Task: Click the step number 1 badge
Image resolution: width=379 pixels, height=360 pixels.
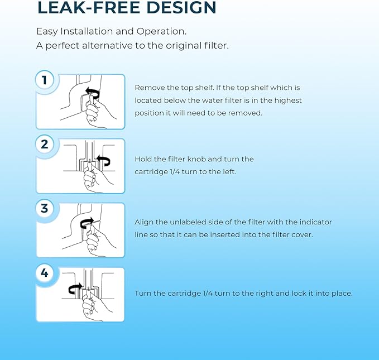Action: click(45, 80)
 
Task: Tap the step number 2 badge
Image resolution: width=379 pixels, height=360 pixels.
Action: click(45, 145)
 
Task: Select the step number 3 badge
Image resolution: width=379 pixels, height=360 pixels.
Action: click(45, 208)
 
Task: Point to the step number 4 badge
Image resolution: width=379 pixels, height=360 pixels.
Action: click(45, 273)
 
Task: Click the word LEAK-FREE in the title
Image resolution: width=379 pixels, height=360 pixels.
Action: click(88, 8)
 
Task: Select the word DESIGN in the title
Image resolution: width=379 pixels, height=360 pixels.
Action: click(181, 8)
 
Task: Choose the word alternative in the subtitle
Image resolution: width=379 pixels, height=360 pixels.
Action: click(107, 45)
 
